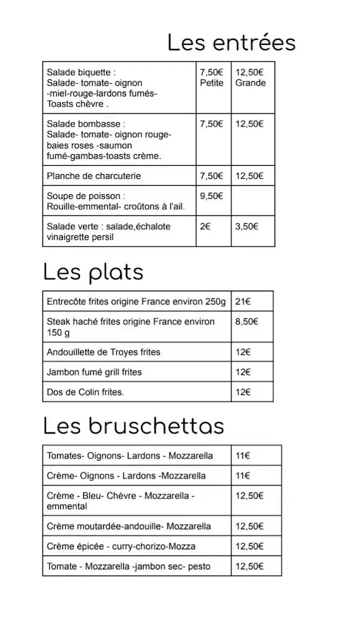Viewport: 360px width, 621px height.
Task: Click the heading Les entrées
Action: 232,43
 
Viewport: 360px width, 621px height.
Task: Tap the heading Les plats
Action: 93,272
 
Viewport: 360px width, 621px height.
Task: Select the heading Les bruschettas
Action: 133,426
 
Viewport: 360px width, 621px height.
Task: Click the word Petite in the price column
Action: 212,83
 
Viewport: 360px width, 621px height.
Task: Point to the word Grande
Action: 250,83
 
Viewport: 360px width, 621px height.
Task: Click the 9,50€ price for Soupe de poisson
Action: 212,196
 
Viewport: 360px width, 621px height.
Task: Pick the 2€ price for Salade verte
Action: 205,226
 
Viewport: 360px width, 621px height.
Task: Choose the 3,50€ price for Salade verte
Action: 247,226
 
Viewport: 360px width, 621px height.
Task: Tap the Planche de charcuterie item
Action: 93,176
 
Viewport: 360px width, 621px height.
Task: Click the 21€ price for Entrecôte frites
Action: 243,301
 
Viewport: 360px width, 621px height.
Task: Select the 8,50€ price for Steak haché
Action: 247,321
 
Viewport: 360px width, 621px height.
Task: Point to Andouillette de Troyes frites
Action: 104,352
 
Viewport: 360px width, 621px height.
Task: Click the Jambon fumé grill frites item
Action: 94,372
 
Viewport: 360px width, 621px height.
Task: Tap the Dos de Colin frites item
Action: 85,392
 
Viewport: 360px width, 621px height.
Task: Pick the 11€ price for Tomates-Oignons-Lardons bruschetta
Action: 243,455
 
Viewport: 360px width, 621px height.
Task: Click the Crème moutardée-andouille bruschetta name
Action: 128,526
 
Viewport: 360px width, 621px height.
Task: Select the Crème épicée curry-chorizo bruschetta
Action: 121,546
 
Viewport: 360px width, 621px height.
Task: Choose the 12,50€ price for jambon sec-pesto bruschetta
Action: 250,566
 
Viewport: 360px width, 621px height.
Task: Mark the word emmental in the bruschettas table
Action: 67,506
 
